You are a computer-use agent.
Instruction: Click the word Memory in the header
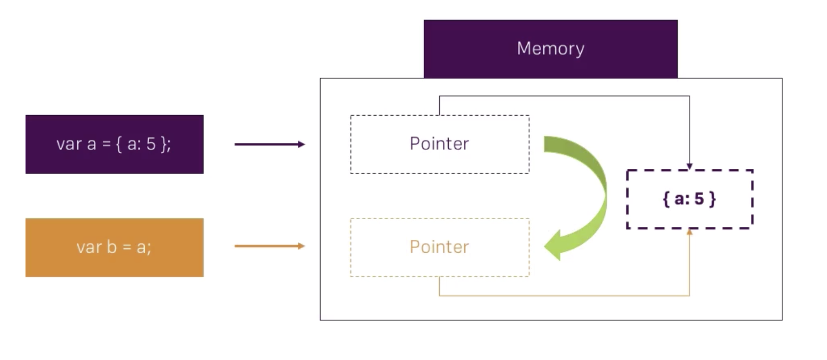click(550, 49)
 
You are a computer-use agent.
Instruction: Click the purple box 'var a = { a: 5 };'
click(115, 144)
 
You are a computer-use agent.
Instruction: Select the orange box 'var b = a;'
click(115, 247)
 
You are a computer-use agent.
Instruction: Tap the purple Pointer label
click(439, 144)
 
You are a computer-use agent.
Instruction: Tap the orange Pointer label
click(439, 247)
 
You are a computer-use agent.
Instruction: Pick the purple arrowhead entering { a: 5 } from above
click(690, 166)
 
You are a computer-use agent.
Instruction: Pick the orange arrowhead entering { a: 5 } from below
click(690, 232)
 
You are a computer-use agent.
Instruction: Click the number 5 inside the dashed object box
click(699, 200)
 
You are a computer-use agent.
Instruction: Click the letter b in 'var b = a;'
click(112, 247)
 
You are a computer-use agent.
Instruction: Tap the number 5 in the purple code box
click(150, 144)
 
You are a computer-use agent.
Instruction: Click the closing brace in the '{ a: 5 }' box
click(712, 200)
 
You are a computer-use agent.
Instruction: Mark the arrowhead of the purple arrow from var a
click(302, 144)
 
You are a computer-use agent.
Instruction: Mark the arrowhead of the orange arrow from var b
click(302, 246)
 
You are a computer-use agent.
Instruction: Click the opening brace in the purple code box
click(120, 144)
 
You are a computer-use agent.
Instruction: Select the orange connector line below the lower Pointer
click(564, 295)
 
